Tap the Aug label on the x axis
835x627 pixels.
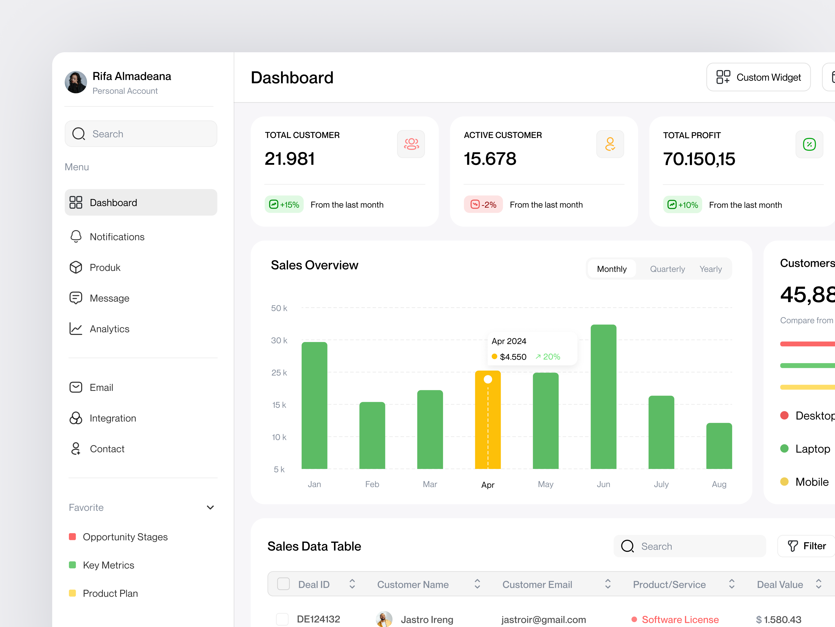coord(719,484)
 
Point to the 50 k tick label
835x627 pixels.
coord(279,308)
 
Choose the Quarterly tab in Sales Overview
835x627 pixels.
coord(667,269)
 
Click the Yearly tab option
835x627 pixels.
coord(711,269)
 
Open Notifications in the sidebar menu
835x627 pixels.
coord(117,237)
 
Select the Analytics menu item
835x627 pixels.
coord(110,329)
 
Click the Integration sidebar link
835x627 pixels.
coord(112,418)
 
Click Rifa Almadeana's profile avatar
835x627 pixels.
coord(76,82)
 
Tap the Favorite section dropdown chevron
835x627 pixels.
coord(210,508)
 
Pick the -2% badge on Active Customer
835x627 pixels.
coord(483,205)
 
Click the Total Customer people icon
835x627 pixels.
coord(411,144)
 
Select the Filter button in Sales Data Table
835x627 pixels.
coord(807,546)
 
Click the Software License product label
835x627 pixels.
coord(680,619)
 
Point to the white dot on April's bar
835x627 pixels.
coord(488,379)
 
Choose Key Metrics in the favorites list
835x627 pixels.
coord(108,565)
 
